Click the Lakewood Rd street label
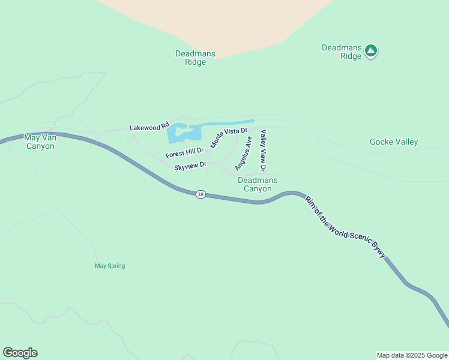pyautogui.click(x=149, y=127)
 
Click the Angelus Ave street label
pyautogui.click(x=243, y=153)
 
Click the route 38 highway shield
pyautogui.click(x=200, y=194)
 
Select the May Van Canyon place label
pyautogui.click(x=40, y=142)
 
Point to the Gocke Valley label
pyautogui.click(x=394, y=142)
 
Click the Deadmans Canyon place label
pyautogui.click(x=258, y=184)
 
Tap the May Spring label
pyautogui.click(x=110, y=266)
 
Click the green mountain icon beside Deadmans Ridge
pyautogui.click(x=371, y=51)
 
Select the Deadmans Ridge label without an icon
pyautogui.click(x=195, y=58)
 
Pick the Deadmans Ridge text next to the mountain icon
pyautogui.click(x=342, y=52)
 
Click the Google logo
pyautogui.click(x=20, y=353)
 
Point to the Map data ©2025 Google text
pyautogui.click(x=411, y=355)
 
